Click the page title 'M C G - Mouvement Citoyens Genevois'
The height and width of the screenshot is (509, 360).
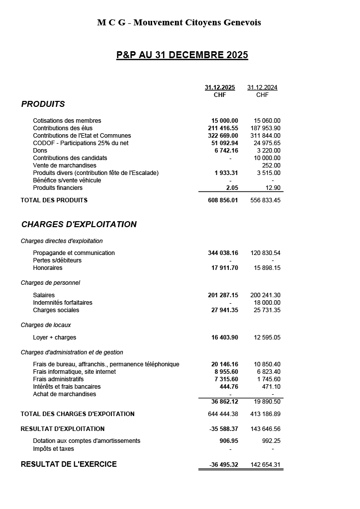(x=179, y=22)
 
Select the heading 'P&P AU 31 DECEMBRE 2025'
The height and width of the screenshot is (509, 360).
(x=182, y=55)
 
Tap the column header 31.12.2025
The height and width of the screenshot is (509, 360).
(x=220, y=87)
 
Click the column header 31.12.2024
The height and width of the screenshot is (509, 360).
(x=262, y=87)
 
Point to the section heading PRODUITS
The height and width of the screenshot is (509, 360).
(x=43, y=104)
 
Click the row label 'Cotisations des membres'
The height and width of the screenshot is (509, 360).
(x=67, y=121)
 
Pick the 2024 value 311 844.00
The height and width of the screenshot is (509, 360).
(x=265, y=136)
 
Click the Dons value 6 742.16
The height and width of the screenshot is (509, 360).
(x=226, y=151)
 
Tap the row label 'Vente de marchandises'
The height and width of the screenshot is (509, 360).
(x=65, y=166)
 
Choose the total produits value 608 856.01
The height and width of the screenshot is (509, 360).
(x=223, y=200)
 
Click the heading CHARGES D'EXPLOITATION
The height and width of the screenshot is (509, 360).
(x=79, y=224)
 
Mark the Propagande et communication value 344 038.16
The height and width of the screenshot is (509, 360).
(x=223, y=253)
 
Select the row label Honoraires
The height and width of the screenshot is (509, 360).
(x=48, y=268)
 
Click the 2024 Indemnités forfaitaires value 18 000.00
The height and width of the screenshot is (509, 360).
(x=267, y=303)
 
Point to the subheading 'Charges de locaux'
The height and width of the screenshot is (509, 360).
(x=46, y=325)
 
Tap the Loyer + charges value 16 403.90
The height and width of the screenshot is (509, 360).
(x=225, y=338)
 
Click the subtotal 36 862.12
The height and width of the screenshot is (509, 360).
(x=225, y=402)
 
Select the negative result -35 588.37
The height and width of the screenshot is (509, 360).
(x=223, y=429)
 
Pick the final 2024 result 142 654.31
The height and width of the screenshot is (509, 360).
(x=265, y=465)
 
